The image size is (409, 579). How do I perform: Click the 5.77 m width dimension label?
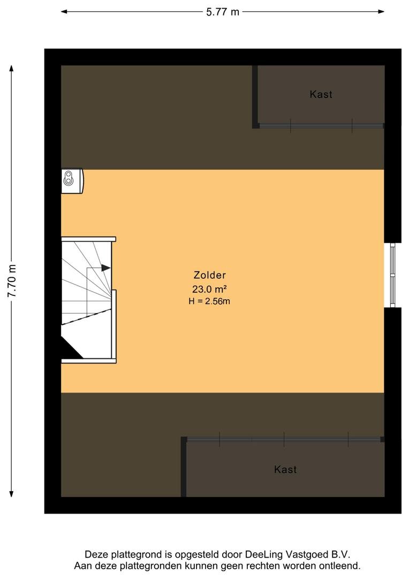222,12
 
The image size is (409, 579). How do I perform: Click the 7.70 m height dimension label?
12,280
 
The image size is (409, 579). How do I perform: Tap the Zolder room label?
209,275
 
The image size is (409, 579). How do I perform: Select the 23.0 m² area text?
209,288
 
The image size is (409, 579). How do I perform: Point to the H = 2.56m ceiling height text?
209,301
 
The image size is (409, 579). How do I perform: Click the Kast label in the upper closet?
321,94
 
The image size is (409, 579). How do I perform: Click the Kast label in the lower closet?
285,470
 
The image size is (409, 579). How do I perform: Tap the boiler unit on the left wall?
72,181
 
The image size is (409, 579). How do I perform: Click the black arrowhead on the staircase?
106,268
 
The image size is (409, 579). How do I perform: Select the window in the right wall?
392,275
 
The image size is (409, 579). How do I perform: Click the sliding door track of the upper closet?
321,125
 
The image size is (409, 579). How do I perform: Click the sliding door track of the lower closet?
284,440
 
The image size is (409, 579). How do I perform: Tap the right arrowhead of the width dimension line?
381,12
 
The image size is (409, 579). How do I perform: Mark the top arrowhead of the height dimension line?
12,69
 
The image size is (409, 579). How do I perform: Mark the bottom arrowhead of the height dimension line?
12,493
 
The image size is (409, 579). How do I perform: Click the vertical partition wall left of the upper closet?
255,96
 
